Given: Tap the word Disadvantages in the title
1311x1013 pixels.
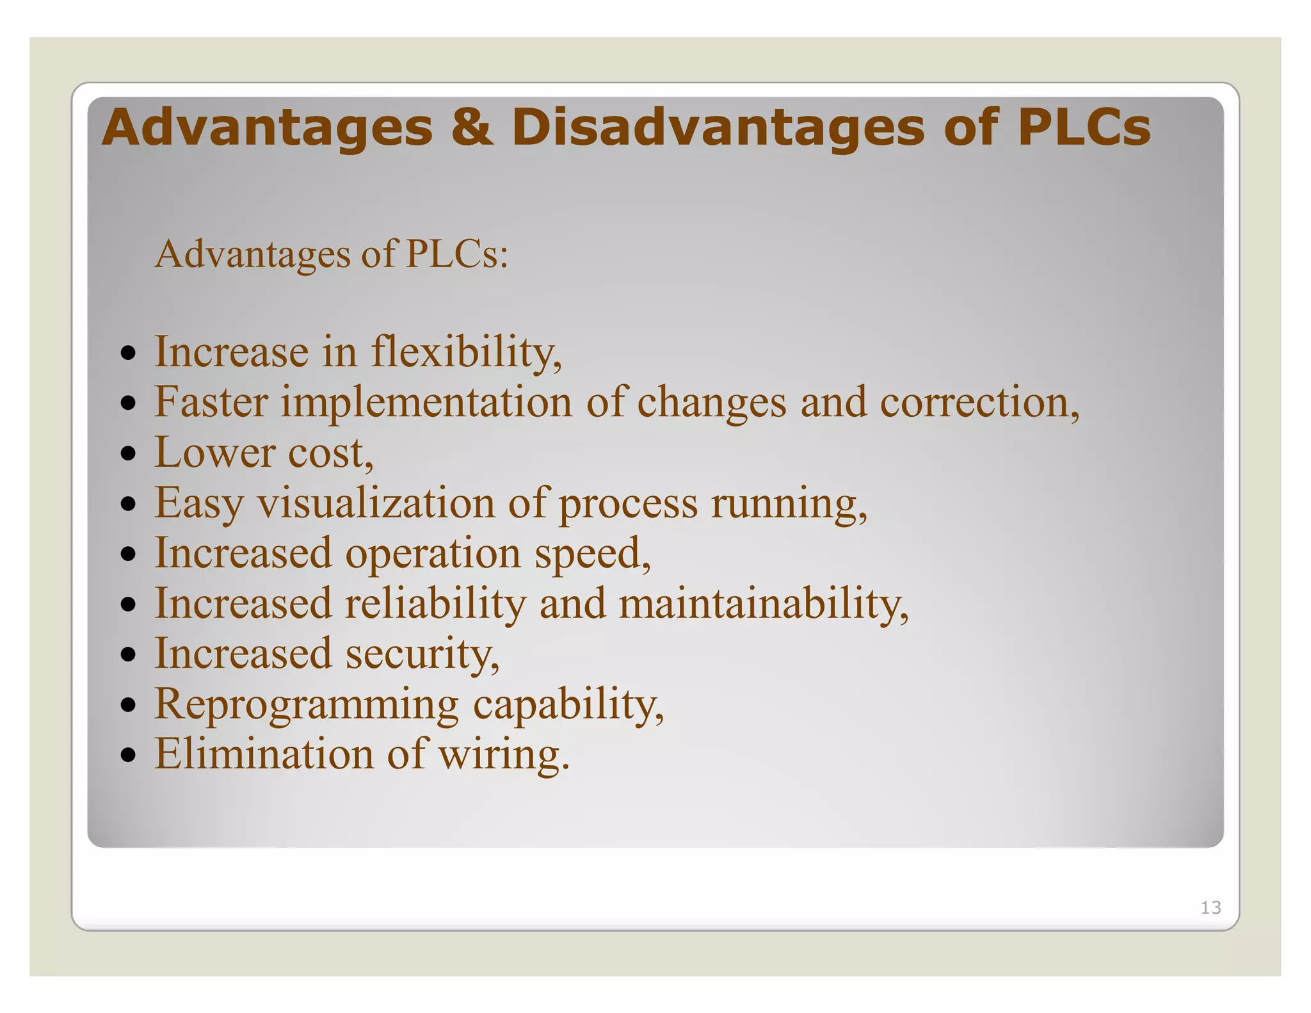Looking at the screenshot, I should (718, 127).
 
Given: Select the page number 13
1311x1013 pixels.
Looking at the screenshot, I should (1210, 907).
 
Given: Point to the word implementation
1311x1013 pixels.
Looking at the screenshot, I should (426, 403).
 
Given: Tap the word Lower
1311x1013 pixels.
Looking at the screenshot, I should (214, 453).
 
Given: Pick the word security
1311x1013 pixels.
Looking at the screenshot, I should (422, 654).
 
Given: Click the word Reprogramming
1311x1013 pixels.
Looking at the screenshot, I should (307, 704).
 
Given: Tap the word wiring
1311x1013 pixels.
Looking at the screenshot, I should (503, 754).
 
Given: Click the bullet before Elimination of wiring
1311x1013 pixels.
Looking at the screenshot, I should (129, 754).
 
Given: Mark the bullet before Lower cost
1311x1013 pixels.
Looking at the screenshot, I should (129, 453).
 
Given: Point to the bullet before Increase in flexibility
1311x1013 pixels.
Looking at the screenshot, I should (129, 353).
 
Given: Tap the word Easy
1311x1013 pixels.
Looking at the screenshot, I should (199, 503).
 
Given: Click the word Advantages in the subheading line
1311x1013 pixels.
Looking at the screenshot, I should (252, 254).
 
